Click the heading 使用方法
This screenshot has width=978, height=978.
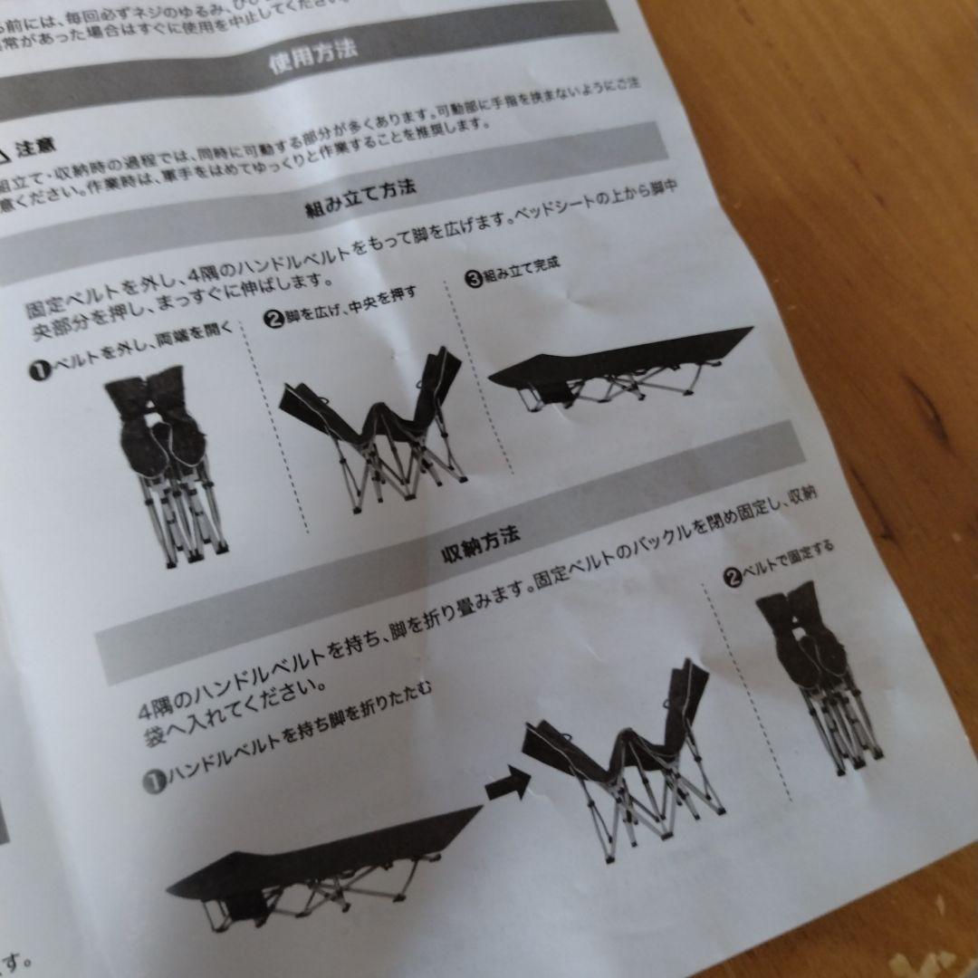(312, 56)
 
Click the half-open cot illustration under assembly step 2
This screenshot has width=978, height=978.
(376, 426)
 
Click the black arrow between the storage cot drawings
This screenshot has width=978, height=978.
(506, 782)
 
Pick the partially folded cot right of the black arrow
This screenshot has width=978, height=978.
(625, 752)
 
